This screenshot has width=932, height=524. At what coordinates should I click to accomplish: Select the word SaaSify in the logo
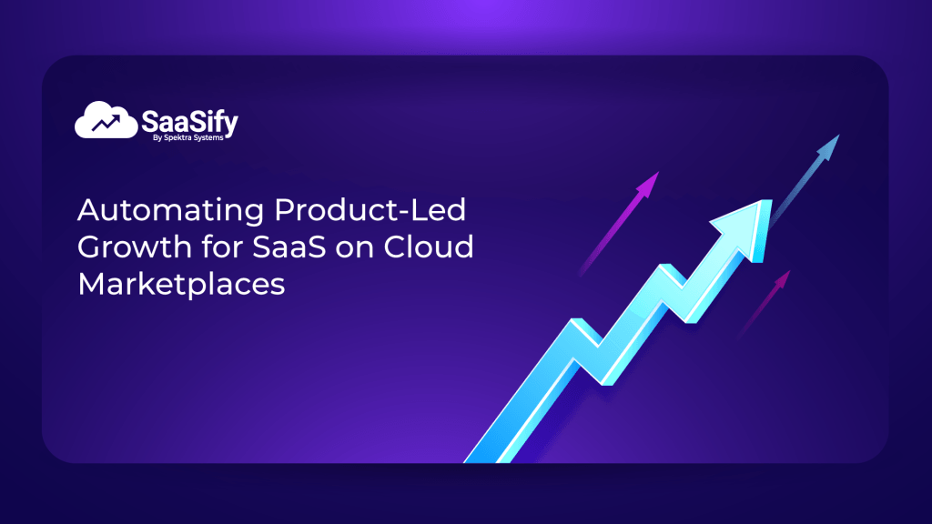[x=189, y=119]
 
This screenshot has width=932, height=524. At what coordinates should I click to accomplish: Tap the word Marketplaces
[x=182, y=284]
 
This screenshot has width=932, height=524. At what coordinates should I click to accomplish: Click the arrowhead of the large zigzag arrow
[x=742, y=222]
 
